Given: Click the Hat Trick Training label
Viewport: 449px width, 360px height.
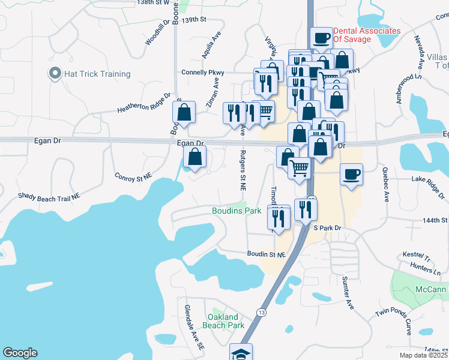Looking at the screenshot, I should tap(97, 74).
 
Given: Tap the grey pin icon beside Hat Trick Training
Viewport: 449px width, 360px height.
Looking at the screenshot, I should tap(55, 74).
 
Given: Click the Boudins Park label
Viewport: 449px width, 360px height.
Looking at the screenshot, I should tap(237, 211).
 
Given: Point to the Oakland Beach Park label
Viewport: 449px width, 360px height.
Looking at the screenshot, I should tap(226, 321).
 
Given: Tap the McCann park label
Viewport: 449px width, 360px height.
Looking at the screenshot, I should tap(431, 290).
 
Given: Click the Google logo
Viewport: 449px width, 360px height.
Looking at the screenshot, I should tap(20, 353).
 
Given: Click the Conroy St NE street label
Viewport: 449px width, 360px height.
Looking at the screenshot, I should tap(133, 178).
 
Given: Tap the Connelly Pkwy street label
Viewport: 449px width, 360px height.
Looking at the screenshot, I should tap(203, 73).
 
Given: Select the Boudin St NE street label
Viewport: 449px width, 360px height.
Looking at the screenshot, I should tap(266, 254).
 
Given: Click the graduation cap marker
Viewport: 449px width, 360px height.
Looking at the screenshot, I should tap(241, 353).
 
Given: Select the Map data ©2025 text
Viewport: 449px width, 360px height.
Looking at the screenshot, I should tap(424, 356).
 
